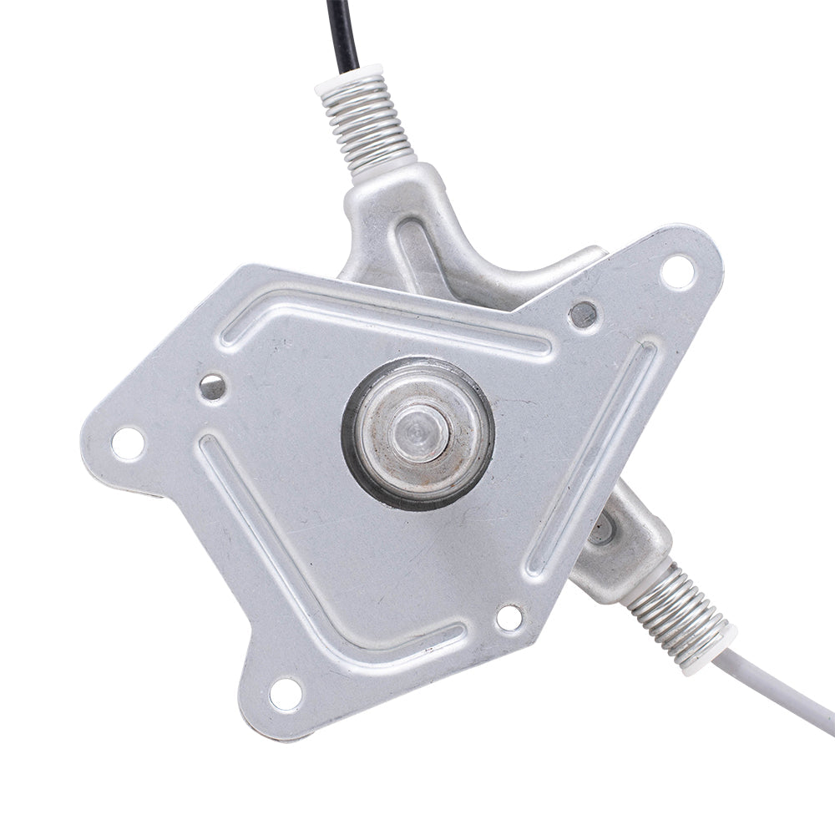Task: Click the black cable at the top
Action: point(342,29)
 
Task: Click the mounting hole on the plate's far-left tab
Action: point(128,443)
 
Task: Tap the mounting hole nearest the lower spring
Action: point(509,618)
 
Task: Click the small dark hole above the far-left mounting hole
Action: point(212,387)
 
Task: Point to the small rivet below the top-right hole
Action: point(583,315)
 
